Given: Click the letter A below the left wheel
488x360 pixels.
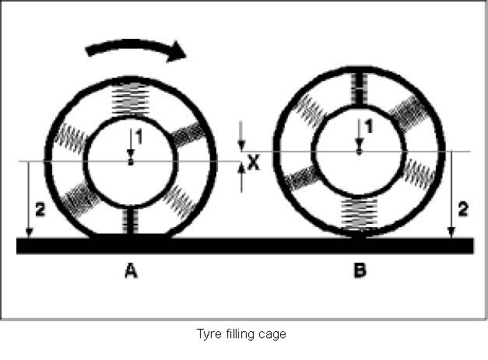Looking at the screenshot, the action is point(131,271).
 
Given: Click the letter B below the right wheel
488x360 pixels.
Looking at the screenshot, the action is point(360,271).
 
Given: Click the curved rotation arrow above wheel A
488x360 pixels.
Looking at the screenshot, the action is point(136,48).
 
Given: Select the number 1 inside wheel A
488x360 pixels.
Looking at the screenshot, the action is point(135,137).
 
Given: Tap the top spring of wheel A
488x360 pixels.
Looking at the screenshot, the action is point(131,97).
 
